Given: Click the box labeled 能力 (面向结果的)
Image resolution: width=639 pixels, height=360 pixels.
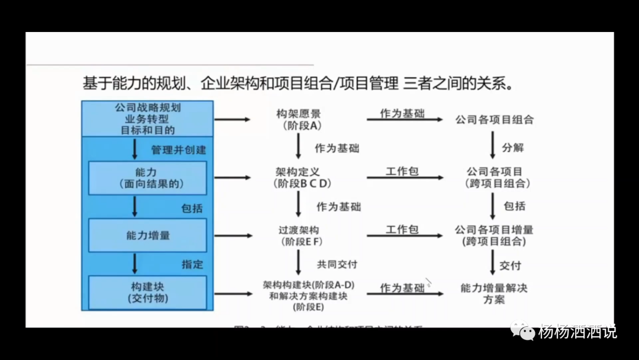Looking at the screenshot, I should pos(147,178).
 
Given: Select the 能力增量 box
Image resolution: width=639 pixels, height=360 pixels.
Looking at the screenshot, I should pos(147,235).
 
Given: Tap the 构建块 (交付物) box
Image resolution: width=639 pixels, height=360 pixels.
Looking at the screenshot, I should pos(147,292).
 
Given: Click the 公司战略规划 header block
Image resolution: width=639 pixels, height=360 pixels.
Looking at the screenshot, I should pos(147,118).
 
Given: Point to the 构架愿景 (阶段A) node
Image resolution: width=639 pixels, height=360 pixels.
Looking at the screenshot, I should pos(299,119).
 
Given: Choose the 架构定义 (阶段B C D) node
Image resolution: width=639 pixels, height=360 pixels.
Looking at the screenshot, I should pos(299,177).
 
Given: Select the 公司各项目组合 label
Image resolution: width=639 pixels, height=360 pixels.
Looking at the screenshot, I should pos(494,120).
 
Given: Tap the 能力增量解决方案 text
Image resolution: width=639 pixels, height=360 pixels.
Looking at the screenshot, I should pos(494,294).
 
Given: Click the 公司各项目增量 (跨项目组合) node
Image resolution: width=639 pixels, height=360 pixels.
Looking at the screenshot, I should pos(494,235).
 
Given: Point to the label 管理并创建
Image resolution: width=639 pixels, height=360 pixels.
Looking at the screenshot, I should pos(178,150).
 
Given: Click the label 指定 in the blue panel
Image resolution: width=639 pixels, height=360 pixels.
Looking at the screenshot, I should pos(192,264).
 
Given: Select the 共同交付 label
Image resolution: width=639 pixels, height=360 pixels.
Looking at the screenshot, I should pos(337,264).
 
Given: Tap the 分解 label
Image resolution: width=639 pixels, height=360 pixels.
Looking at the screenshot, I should pos(513,147).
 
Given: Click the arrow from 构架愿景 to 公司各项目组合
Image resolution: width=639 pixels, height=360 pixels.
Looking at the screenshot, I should pos(404,120).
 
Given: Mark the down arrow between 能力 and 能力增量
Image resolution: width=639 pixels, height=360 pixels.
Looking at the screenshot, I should pos(135,207).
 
